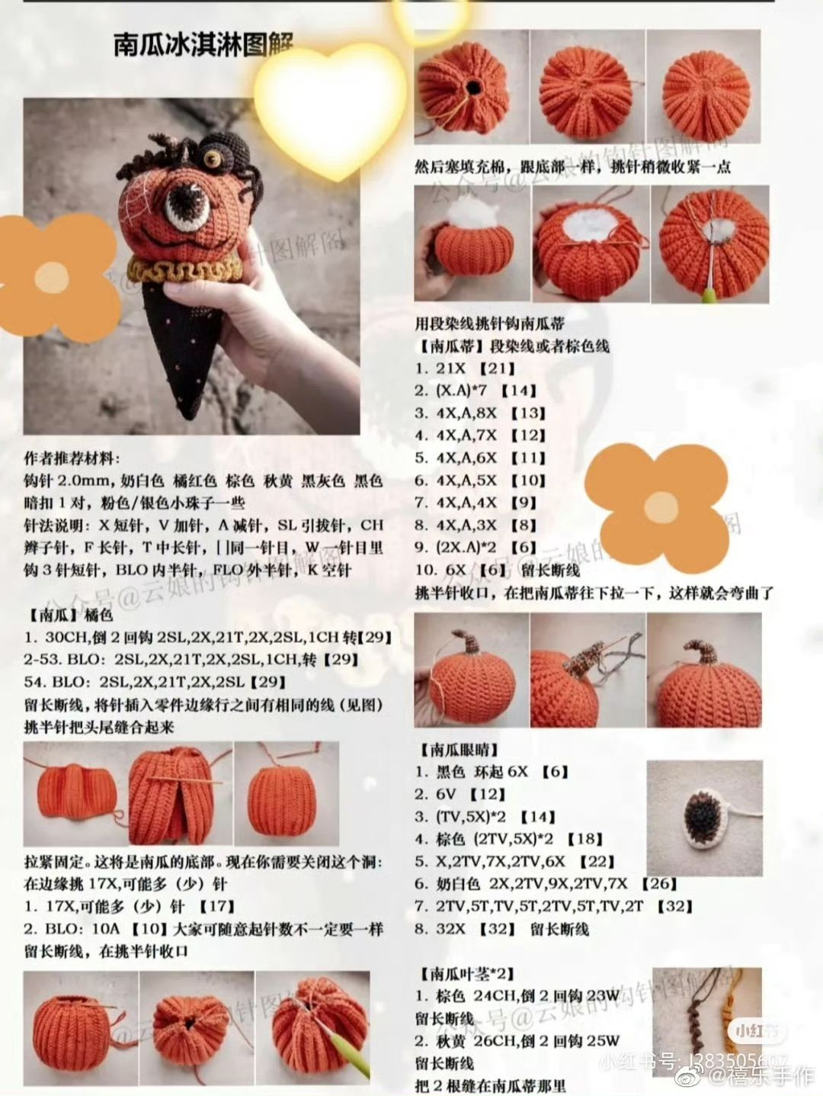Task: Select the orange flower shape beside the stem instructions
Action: (654, 503)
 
